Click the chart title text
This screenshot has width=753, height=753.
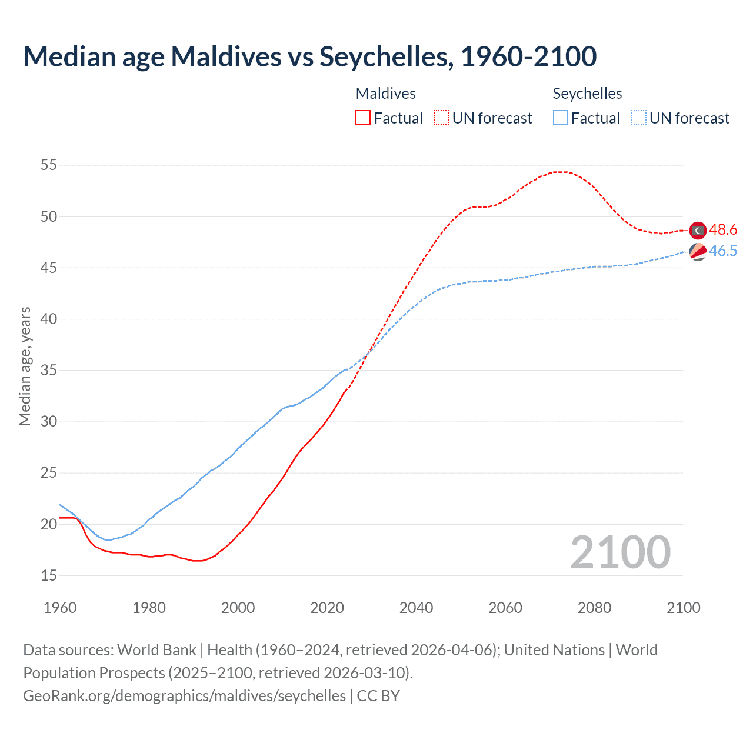[310, 56]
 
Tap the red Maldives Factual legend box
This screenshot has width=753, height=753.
[363, 118]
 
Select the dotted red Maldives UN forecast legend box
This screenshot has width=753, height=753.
[441, 118]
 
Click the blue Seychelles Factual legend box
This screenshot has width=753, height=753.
[561, 118]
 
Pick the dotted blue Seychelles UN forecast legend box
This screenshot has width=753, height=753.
[639, 118]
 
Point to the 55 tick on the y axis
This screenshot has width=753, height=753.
[49, 165]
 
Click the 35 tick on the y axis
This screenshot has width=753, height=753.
[49, 371]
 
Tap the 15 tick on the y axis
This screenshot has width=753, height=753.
[49, 575]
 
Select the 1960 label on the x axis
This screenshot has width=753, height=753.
[60, 608]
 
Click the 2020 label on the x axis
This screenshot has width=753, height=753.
[327, 608]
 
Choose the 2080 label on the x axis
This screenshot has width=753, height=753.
[594, 608]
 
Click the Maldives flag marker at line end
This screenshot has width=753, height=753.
[698, 230]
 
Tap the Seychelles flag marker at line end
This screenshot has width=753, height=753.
[698, 251]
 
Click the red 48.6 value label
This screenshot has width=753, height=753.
[723, 230]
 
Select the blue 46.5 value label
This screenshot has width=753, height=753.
[723, 251]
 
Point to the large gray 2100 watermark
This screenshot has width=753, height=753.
[620, 552]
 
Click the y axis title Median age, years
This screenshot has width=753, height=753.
[25, 366]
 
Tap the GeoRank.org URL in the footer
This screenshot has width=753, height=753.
[184, 696]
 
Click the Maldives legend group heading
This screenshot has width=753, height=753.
[386, 94]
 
